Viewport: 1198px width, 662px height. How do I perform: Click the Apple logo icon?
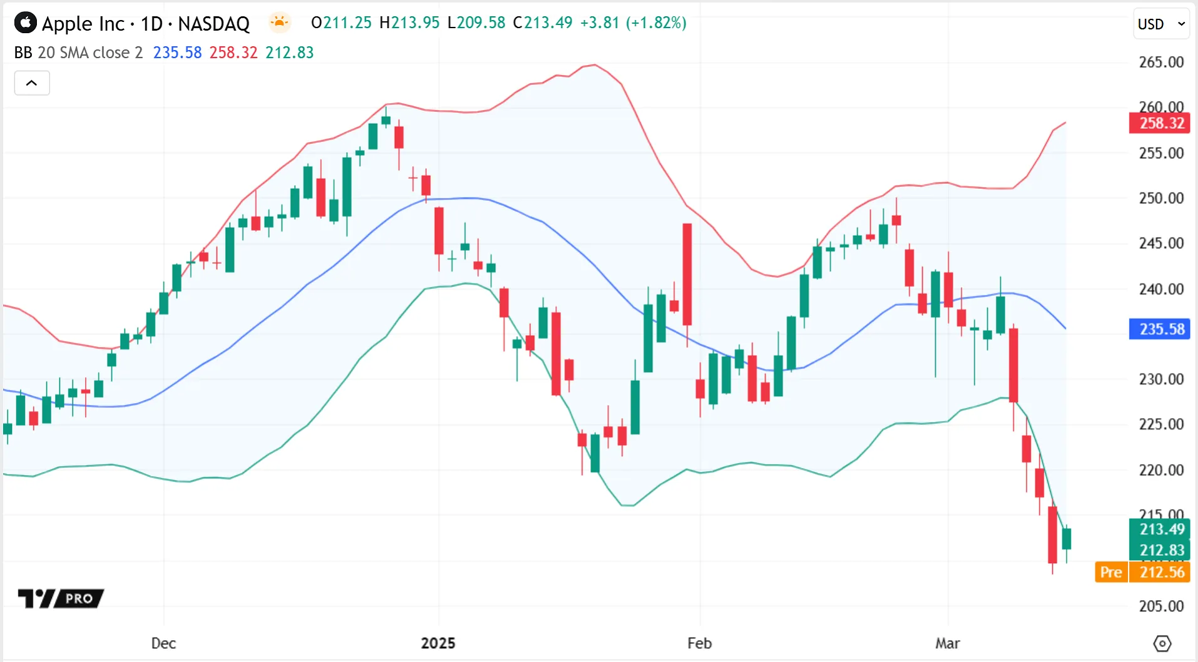(x=26, y=23)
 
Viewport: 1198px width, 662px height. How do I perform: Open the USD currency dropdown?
(x=1161, y=24)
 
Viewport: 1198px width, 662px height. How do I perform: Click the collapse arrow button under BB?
(x=32, y=83)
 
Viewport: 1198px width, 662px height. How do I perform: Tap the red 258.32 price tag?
(x=1159, y=123)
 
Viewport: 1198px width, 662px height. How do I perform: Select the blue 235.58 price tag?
(x=1159, y=329)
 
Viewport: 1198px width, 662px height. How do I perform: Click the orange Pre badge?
(x=1111, y=572)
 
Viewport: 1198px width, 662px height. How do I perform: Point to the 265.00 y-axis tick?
(x=1161, y=62)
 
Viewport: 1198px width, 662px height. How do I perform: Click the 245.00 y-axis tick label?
(x=1161, y=243)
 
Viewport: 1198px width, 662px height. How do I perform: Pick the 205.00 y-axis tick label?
(x=1161, y=606)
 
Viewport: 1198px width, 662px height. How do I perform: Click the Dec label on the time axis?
(x=163, y=643)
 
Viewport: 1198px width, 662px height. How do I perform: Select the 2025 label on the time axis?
(x=438, y=643)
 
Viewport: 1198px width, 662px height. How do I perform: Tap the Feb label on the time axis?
(x=699, y=643)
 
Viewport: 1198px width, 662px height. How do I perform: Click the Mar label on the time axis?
(x=947, y=643)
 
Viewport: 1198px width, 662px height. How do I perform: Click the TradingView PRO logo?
(x=61, y=599)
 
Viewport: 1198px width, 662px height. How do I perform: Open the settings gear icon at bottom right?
(x=1162, y=643)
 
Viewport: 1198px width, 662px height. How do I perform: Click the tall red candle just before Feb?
(x=687, y=275)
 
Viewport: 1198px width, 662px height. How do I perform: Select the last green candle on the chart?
(x=1067, y=539)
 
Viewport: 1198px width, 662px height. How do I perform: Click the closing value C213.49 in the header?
(x=543, y=23)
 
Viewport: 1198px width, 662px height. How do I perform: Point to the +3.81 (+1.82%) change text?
(x=633, y=23)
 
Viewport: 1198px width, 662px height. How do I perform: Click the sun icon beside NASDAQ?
(x=280, y=23)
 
